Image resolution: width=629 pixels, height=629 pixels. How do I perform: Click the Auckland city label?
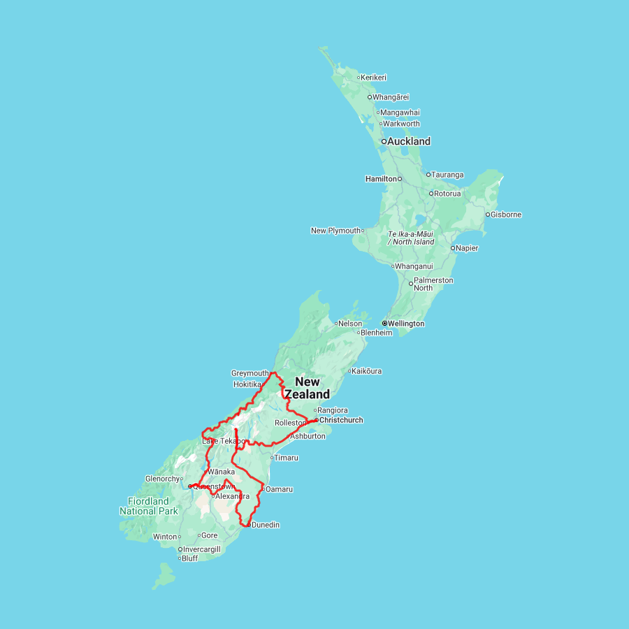coord(409,141)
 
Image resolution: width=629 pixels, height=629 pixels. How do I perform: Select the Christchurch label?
coord(341,420)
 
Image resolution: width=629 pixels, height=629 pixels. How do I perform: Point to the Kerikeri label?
coord(374,78)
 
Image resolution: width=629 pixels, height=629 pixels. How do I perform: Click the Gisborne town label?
coord(506,215)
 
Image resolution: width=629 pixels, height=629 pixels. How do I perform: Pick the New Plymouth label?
coord(335,231)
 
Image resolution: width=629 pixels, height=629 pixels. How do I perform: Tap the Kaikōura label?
coord(368,371)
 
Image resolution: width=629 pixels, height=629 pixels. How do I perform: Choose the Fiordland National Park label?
coord(149,506)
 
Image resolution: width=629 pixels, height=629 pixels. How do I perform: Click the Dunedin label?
coord(266,525)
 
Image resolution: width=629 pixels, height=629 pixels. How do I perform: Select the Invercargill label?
coord(202,549)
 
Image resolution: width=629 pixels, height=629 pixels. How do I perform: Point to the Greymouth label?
coord(250,373)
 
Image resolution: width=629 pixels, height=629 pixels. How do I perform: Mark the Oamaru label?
coord(279,489)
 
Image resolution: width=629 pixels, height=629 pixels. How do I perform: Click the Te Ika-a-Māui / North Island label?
coord(411,238)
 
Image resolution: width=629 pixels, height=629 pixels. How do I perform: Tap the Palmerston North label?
coord(433,284)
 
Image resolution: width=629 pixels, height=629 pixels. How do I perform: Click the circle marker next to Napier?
coord(453,247)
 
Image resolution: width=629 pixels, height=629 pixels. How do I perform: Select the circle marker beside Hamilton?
coord(400,179)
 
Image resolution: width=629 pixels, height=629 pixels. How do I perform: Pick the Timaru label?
coord(287,458)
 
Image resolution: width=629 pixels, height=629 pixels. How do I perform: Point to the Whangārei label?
coord(391,97)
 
